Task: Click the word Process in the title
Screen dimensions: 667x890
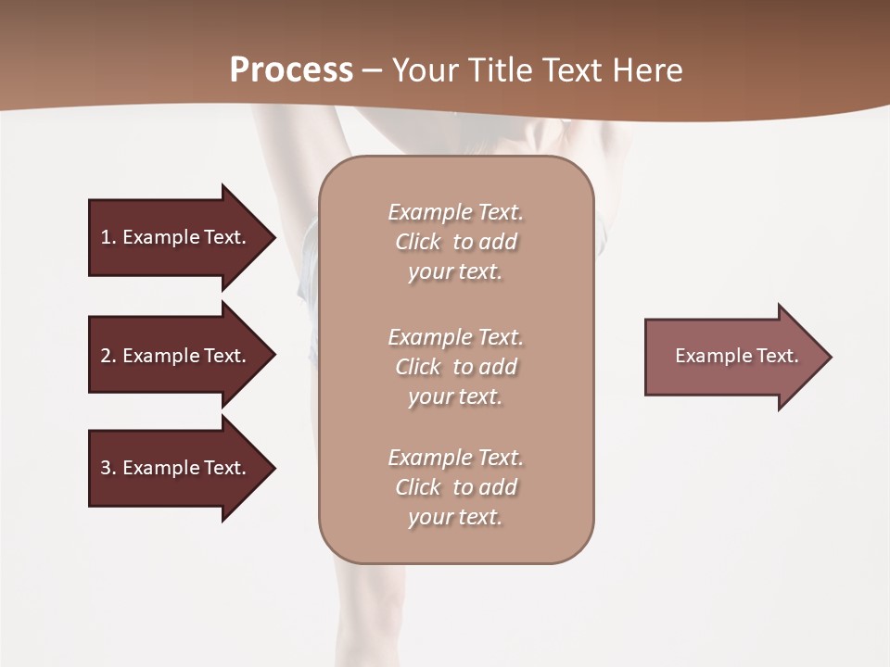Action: [x=291, y=70]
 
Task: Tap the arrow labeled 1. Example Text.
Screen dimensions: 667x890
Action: [x=176, y=237]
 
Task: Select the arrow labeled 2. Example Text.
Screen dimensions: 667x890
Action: [x=176, y=356]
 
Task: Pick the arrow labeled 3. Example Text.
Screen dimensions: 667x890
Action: [x=176, y=468]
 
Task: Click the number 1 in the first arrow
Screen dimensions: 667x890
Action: [x=106, y=237]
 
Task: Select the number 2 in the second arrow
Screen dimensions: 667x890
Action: [x=106, y=356]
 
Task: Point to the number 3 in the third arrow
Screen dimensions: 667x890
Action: [x=106, y=468]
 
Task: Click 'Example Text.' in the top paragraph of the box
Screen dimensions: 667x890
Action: [x=455, y=212]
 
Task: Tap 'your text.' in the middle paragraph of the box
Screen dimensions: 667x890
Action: [x=455, y=396]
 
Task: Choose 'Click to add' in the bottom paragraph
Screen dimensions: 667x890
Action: [x=455, y=487]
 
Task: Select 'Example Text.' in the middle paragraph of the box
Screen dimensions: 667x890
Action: [x=455, y=337]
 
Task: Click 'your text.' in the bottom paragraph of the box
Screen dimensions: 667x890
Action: [x=455, y=517]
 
